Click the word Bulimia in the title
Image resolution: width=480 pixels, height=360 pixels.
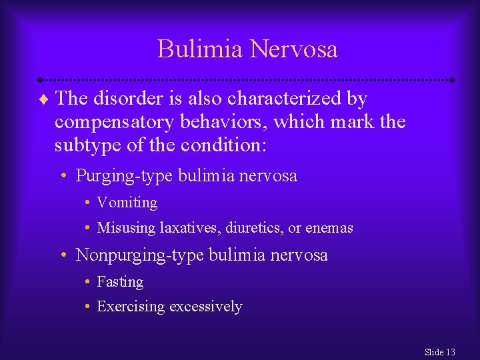200,49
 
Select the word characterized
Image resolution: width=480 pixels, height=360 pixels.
285,99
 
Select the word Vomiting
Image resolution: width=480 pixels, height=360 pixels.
127,203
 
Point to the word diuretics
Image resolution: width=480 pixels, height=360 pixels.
253,228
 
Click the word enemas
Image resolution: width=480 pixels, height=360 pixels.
329,228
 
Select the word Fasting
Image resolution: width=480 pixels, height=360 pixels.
120,282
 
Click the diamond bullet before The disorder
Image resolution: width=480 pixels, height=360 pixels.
44,100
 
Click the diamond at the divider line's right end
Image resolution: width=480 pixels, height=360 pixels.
452,79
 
